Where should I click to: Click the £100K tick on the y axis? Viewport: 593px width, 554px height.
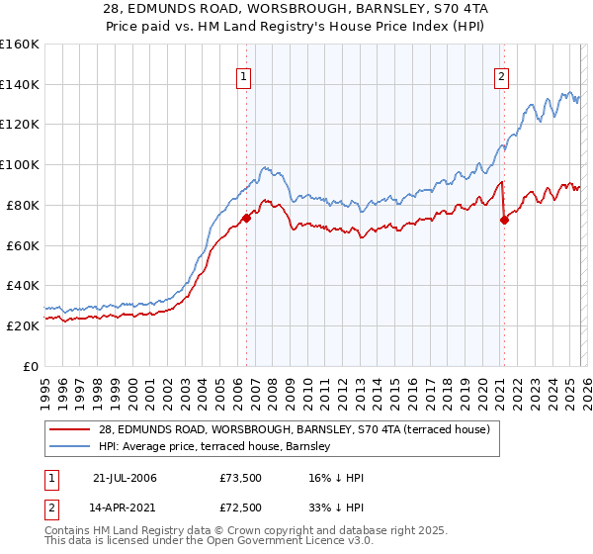point(20,164)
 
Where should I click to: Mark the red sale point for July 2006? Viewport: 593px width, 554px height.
point(246,218)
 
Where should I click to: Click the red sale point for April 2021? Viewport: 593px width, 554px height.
point(504,220)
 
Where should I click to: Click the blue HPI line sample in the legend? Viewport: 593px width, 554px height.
point(71,446)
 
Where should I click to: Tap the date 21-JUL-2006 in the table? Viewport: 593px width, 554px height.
point(125,478)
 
